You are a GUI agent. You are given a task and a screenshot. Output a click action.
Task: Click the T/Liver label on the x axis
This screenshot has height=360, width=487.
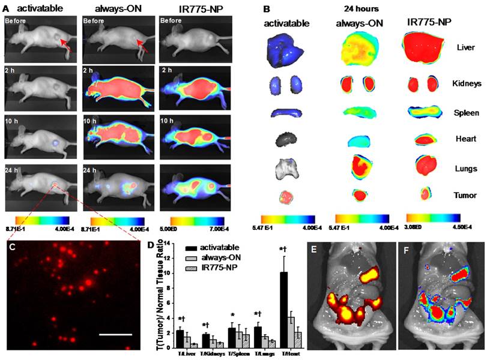point(181,355)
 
